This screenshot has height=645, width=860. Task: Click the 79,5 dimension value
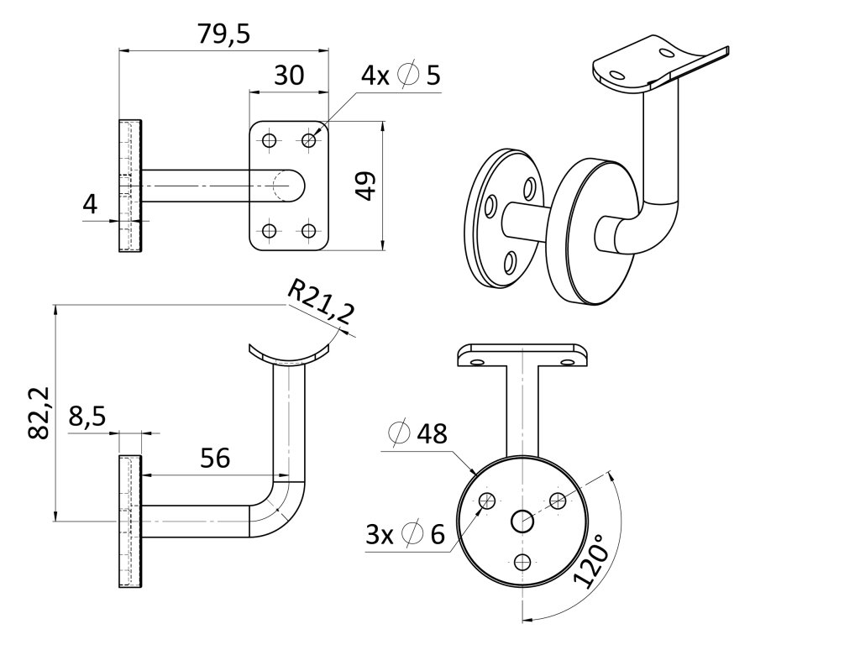(x=224, y=34)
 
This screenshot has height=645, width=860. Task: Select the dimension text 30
(x=289, y=76)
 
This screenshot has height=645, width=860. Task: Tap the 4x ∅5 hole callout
(x=401, y=76)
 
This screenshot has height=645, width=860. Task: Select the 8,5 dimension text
(x=87, y=418)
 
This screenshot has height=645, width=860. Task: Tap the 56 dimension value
(x=215, y=458)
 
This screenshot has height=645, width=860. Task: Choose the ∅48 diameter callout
(x=417, y=434)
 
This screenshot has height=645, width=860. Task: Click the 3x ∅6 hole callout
(x=405, y=534)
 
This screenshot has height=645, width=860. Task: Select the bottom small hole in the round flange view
(x=523, y=562)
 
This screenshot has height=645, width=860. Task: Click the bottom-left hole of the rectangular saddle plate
(x=270, y=230)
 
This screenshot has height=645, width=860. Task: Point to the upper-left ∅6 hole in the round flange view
(x=487, y=501)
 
